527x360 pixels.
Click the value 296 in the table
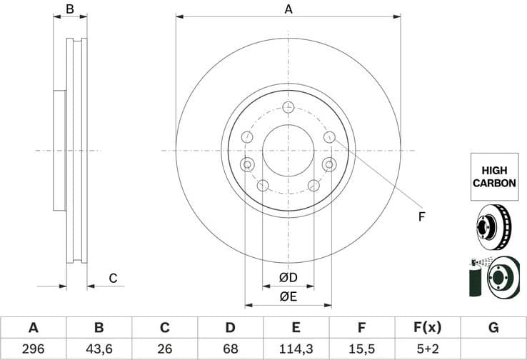[x=33, y=349]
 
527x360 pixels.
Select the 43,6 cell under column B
[x=99, y=349]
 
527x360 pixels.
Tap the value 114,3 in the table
[x=296, y=349]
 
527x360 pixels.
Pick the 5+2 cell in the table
[x=428, y=349]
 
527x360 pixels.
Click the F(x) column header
[x=428, y=328]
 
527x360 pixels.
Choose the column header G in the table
[x=493, y=328]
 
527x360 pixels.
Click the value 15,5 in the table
[x=361, y=349]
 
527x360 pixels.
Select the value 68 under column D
[x=230, y=349]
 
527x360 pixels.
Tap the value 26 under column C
[x=164, y=349]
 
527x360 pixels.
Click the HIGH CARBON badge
[x=494, y=177]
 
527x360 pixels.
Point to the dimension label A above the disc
[x=288, y=9]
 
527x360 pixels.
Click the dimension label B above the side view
[x=70, y=9]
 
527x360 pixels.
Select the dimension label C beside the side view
[x=112, y=279]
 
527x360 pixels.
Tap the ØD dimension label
[x=288, y=277]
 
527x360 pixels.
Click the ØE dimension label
[x=288, y=296]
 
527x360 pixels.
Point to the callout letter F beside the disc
[x=421, y=216]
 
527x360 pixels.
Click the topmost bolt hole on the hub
[x=288, y=107]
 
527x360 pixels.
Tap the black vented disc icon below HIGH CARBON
[x=493, y=226]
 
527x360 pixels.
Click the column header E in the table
[x=296, y=328]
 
